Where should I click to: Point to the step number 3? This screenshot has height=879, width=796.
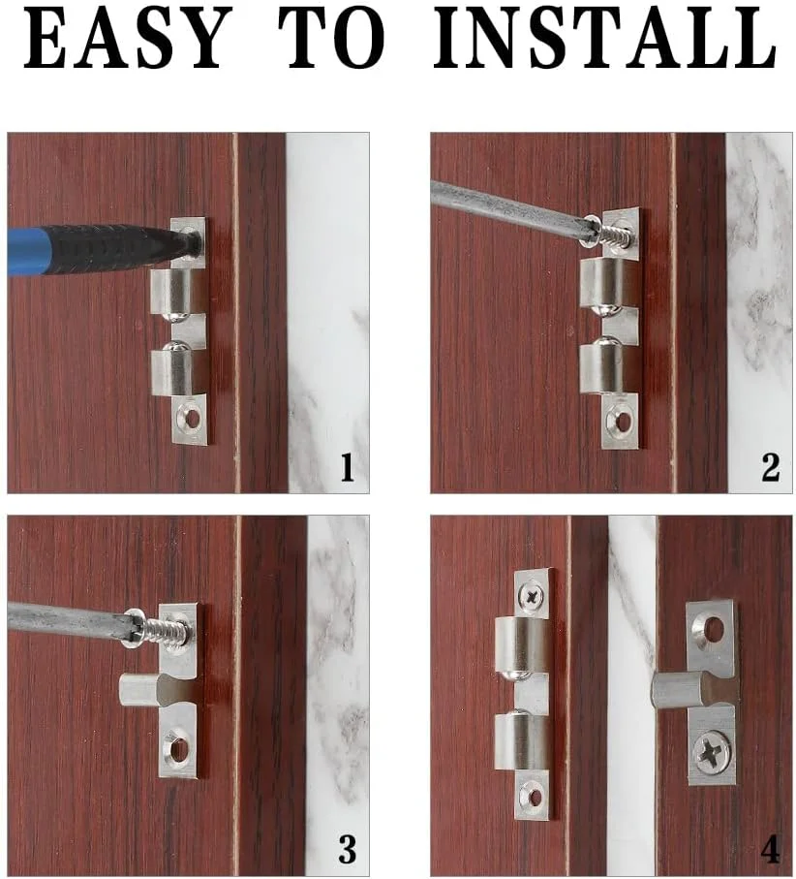pos(347,849)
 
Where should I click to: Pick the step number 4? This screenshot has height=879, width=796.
pos(770,849)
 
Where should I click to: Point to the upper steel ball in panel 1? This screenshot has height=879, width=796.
pos(178,317)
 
